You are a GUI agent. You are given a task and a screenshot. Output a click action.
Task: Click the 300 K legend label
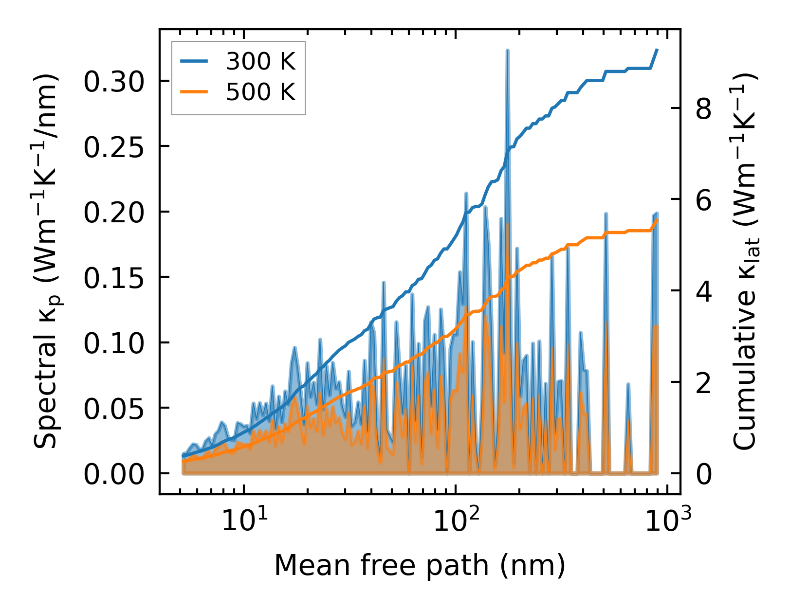[x=260, y=61]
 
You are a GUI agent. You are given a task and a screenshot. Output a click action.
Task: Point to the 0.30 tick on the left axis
[x=114, y=81]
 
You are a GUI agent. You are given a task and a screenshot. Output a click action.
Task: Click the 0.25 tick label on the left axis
[x=114, y=146]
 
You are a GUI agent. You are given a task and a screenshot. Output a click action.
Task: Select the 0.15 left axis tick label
[x=114, y=278]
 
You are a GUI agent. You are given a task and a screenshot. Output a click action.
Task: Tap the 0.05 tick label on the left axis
[x=114, y=409]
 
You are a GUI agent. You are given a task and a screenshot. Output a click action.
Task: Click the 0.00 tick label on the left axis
[x=114, y=474]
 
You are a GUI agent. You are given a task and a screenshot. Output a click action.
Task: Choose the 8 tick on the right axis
[x=704, y=108]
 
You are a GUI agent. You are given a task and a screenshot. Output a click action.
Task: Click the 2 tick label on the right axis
[x=704, y=382]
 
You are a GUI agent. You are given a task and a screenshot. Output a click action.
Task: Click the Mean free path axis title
[x=420, y=565]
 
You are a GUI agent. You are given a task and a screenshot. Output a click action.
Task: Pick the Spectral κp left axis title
[x=47, y=261]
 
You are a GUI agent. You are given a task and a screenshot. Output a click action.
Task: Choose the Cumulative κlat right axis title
[x=744, y=261]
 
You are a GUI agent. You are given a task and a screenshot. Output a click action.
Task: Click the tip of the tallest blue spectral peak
[x=507, y=50]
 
